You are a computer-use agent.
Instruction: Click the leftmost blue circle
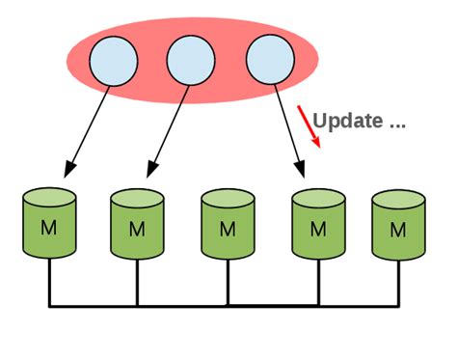point(113,61)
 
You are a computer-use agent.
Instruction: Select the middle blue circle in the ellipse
point(190,61)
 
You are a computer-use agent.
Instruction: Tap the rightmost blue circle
point(269,61)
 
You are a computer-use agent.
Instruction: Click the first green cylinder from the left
point(48,225)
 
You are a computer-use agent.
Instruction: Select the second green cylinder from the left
point(137,225)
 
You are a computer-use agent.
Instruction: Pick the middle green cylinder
point(228,225)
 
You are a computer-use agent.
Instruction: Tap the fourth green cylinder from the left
point(317,225)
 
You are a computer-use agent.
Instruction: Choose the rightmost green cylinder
point(398,225)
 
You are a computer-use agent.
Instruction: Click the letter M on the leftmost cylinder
point(48,230)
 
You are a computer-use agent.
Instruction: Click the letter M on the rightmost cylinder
point(398,230)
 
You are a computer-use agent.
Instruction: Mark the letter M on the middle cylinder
point(228,230)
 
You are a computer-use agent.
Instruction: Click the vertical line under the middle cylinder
point(228,284)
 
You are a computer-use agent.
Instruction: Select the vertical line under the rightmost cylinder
point(398,284)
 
